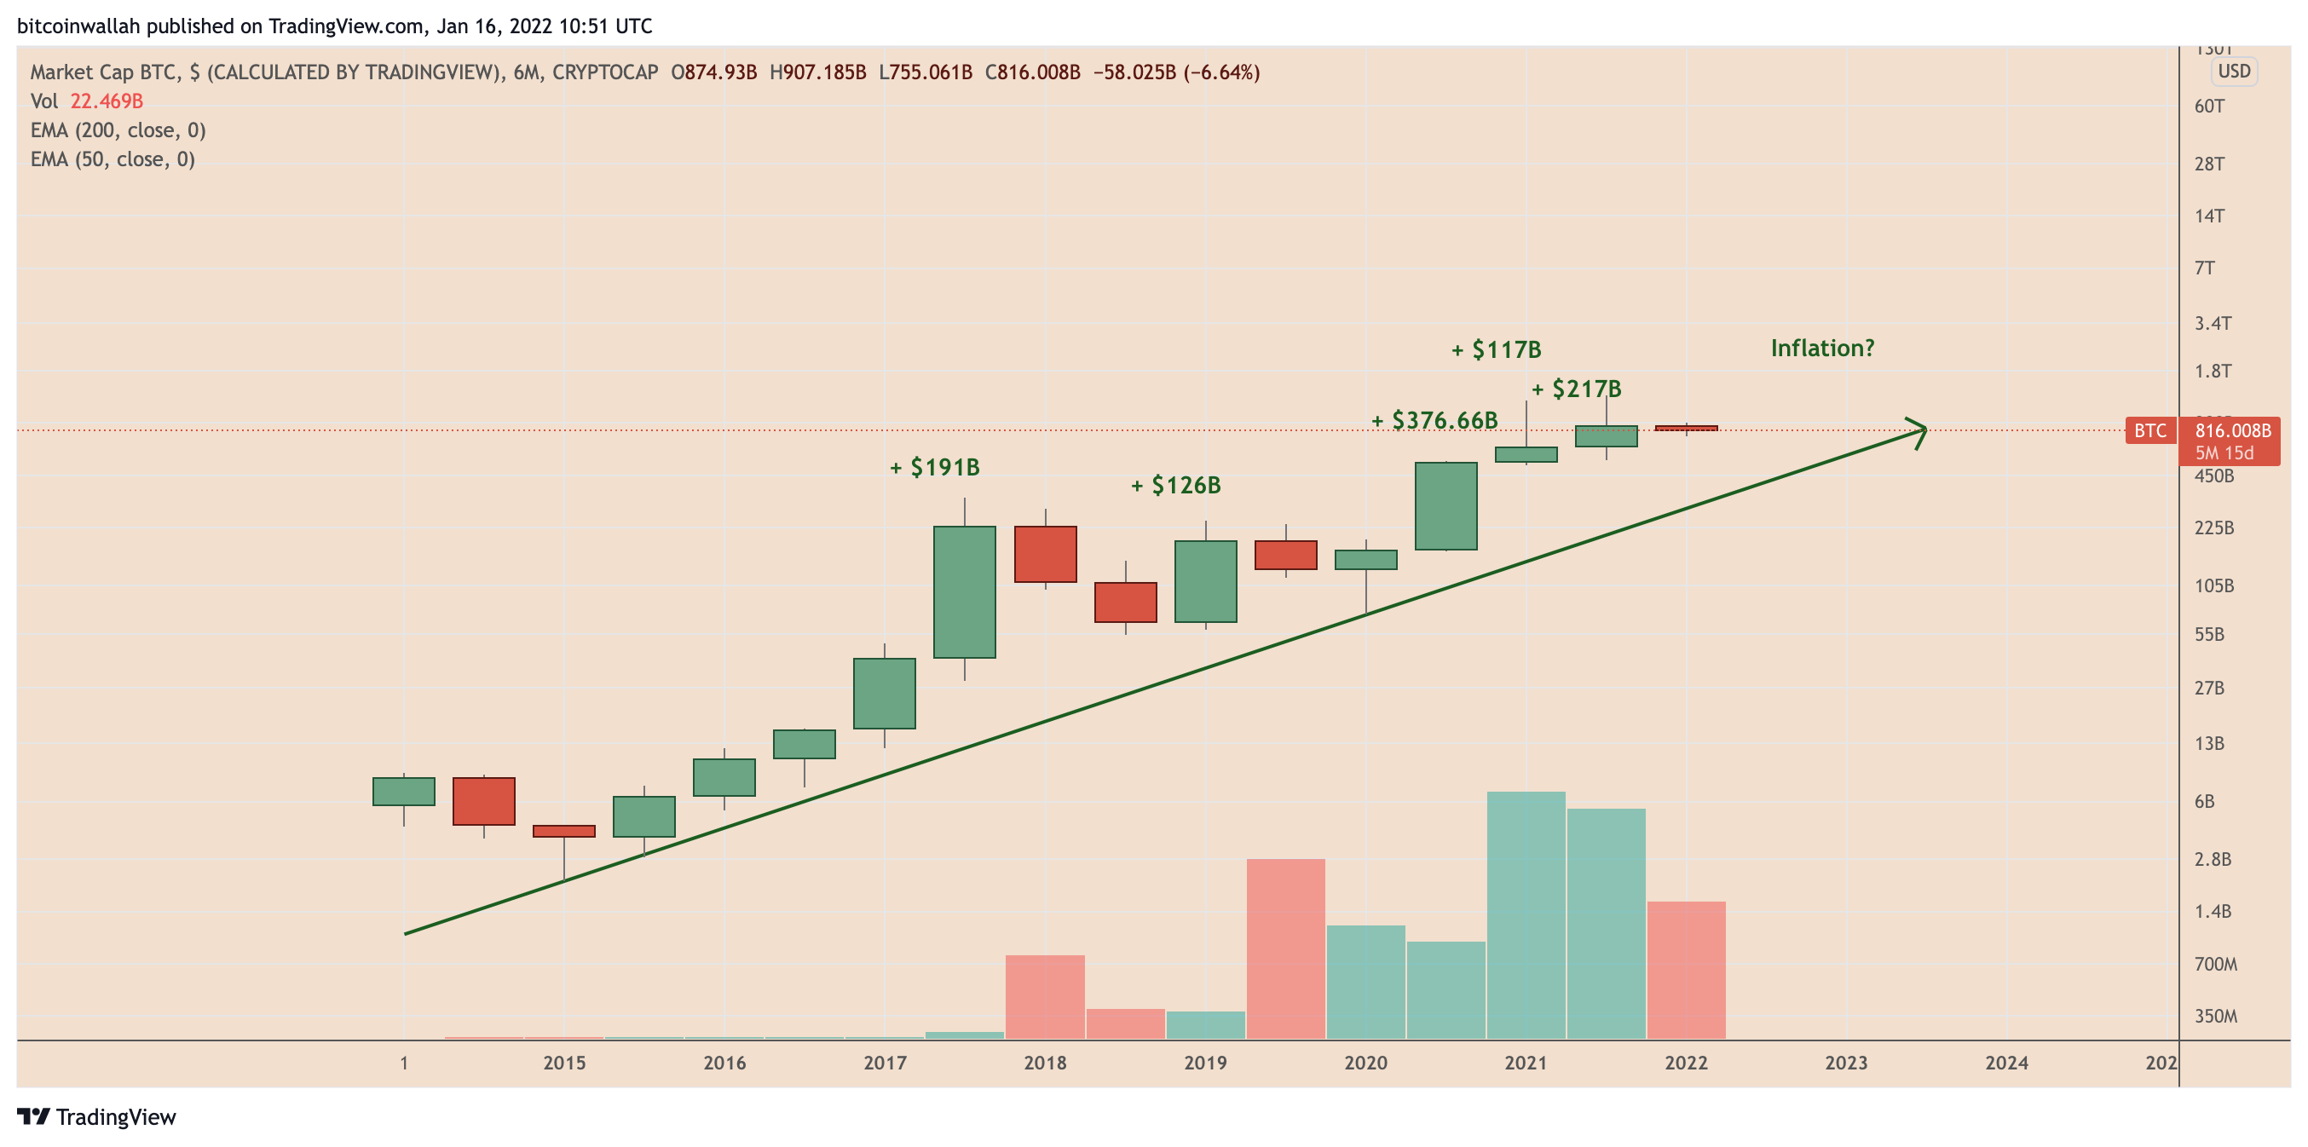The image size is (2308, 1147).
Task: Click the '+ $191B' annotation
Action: (934, 468)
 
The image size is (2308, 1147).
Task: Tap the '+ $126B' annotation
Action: (1175, 486)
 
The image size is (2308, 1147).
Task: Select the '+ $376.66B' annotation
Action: (1434, 420)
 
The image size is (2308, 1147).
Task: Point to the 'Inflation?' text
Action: (1821, 349)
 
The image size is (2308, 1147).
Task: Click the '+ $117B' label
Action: (1497, 350)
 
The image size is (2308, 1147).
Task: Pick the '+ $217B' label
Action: (1576, 389)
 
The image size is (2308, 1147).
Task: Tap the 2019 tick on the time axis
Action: (1205, 1063)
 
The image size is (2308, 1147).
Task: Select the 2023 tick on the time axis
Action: (1846, 1063)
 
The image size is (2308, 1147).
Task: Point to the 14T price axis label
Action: (2208, 216)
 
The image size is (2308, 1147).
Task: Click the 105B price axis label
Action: (2213, 586)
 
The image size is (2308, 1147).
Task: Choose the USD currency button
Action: (2234, 72)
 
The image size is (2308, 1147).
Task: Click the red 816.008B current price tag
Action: (2232, 431)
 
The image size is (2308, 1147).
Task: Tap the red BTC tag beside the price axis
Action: (2149, 431)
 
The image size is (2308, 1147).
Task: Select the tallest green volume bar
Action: (1526, 914)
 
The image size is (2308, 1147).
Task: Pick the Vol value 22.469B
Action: (107, 101)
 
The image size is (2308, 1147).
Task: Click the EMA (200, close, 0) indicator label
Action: (118, 131)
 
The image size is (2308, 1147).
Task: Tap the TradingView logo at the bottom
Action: (97, 1116)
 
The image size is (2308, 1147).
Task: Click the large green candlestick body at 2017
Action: (964, 591)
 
